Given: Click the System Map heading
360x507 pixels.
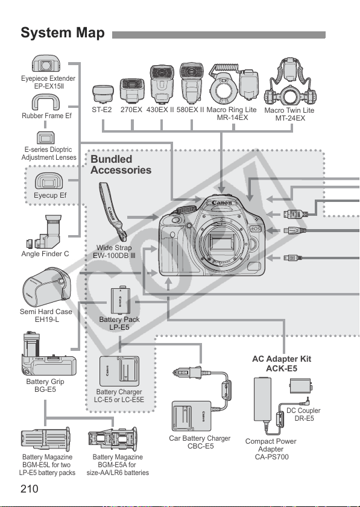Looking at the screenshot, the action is point(63,33).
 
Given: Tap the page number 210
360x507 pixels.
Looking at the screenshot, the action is point(30,489).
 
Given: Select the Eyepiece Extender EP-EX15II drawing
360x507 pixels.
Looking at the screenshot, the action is point(46,63).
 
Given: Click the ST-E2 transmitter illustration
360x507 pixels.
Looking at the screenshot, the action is point(103,94).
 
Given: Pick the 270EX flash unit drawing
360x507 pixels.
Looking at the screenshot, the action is point(132,90).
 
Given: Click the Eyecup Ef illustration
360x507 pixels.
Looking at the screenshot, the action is point(49,181).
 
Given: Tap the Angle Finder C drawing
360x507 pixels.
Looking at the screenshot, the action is point(44,232).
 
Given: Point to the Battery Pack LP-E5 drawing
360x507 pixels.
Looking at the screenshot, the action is point(121,301).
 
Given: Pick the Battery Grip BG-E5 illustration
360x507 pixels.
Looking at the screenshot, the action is point(48,354).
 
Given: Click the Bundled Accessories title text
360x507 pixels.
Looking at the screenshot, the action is point(121,165).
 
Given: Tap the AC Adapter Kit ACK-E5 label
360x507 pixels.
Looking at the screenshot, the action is point(282,364).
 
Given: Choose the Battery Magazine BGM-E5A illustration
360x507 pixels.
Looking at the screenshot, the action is point(113,439).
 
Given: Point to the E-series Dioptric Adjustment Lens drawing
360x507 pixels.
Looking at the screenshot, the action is point(46,137).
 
